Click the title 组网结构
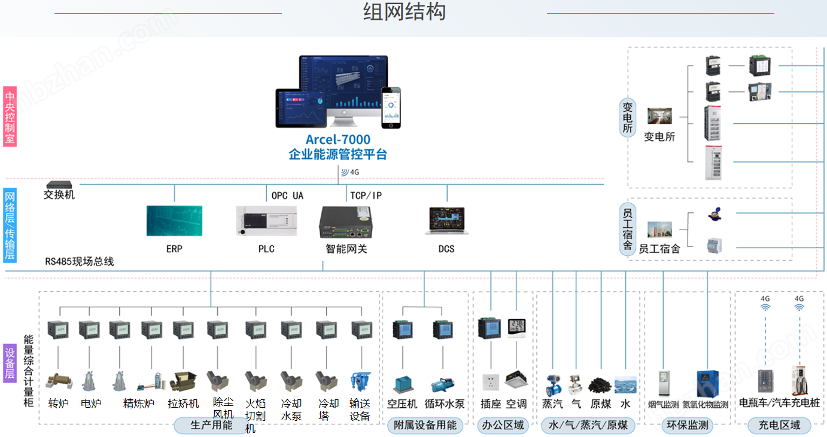[405, 12]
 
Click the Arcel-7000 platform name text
[338, 140]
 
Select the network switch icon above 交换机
[59, 185]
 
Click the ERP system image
[174, 221]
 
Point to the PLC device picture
[266, 221]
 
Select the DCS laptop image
[446, 221]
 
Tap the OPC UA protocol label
[287, 195]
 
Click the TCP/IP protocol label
[366, 195]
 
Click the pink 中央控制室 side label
[10, 117]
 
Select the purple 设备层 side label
[10, 363]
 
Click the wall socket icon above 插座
[491, 382]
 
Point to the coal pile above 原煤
[600, 384]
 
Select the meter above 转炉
[59, 329]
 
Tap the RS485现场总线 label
[80, 261]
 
